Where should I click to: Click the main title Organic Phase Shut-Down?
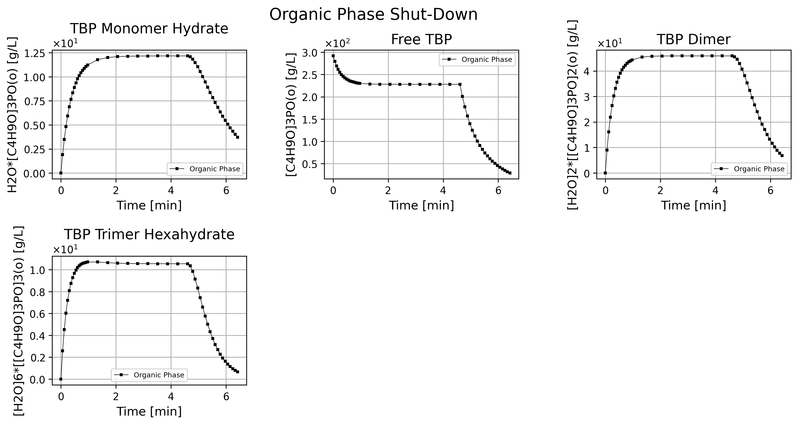(373, 14)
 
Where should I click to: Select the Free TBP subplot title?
(422, 40)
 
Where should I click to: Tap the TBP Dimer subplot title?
(694, 40)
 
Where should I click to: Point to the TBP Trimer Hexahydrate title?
(149, 235)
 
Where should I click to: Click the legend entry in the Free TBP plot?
(477, 59)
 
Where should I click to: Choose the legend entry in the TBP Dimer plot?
(749, 169)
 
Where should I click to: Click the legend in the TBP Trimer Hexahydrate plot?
(149, 375)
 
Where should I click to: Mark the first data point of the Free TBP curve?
(333, 56)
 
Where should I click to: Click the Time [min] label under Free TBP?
(422, 206)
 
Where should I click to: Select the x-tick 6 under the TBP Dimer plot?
(770, 191)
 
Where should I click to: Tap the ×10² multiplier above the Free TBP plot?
(338, 44)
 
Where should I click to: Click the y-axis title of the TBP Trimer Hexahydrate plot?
(19, 321)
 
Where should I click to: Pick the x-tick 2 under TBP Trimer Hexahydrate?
(116, 397)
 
